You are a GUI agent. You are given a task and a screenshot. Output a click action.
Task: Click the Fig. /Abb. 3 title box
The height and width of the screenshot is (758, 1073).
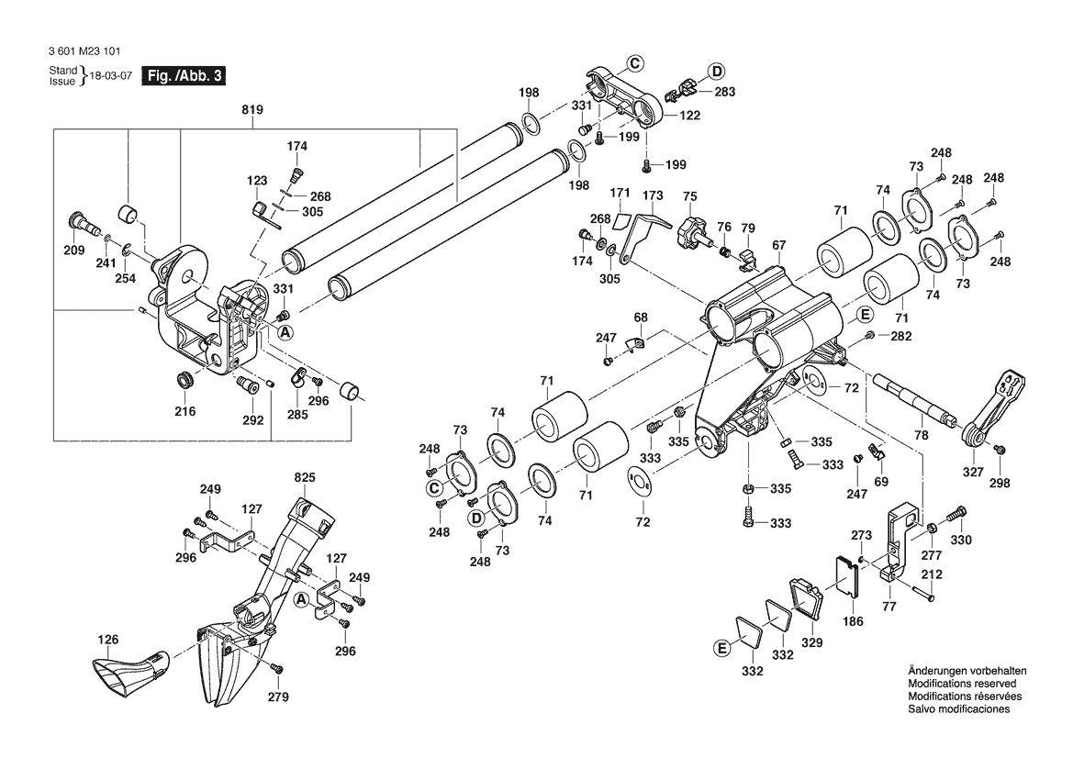point(184,76)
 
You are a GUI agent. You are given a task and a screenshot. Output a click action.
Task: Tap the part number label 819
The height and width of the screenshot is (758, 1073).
point(252,110)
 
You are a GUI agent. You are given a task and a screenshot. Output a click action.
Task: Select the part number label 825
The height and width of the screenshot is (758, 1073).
point(305,477)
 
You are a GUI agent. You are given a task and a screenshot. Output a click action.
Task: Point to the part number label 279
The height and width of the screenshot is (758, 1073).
point(278,697)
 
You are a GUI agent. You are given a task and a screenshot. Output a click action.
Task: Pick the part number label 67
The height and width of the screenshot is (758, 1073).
point(779,245)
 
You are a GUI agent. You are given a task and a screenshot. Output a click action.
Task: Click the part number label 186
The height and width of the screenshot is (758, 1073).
point(853,621)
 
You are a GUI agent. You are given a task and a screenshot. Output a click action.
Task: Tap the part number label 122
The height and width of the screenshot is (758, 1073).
point(689,116)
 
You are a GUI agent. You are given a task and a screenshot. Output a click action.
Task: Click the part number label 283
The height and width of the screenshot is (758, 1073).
point(724,92)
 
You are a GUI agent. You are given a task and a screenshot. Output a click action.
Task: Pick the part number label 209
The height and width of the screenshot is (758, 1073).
point(73,250)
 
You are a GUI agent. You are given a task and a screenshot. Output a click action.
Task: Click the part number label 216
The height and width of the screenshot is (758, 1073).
point(185,412)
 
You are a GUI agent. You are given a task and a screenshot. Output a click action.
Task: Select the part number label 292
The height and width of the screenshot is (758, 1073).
point(252,420)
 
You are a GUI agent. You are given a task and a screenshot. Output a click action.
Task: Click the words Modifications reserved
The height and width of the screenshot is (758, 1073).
point(962,684)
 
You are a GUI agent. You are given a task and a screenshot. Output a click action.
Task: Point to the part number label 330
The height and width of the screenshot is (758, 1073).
point(960,541)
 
